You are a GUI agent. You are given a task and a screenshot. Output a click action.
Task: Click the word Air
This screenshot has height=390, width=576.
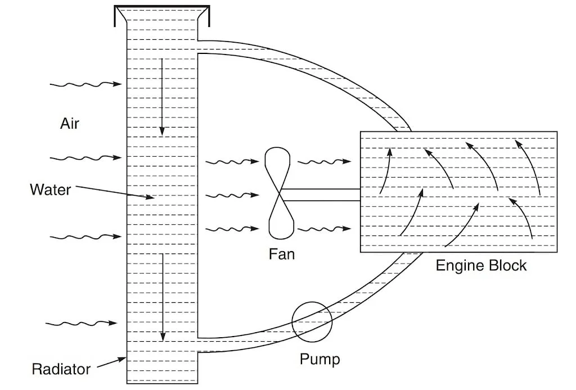coord(70,123)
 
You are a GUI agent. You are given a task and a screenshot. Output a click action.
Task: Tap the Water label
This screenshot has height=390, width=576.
coord(51,189)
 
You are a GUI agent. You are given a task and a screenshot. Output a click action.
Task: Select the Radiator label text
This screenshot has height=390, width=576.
coord(61,369)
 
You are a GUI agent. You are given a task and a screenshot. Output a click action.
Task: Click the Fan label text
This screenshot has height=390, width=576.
coord(282,254)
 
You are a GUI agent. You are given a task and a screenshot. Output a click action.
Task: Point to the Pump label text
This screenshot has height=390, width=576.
coord(319,359)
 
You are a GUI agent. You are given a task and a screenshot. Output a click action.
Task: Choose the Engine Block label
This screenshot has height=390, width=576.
coord(481,265)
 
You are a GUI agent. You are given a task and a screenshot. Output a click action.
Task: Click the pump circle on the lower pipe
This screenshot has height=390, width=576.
coord(312,321)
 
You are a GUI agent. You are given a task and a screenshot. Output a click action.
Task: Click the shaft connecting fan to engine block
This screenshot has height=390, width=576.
coord(321,195)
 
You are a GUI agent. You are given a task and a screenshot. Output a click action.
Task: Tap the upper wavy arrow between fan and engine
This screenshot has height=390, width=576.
coord(323,163)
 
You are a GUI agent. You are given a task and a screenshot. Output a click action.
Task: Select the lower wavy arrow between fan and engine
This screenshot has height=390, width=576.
coord(323,229)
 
